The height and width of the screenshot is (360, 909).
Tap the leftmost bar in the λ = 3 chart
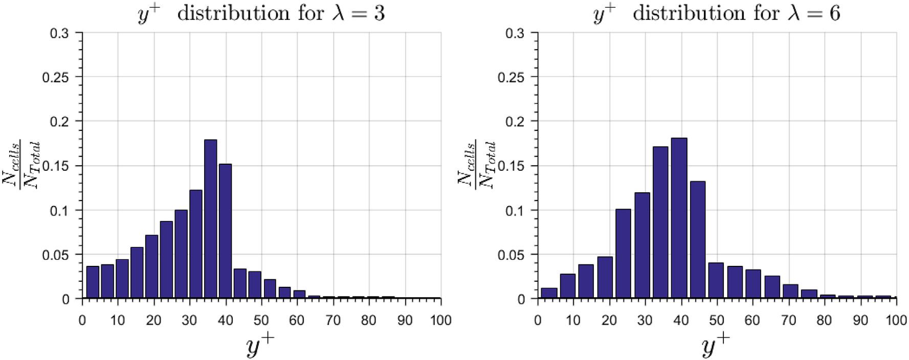(93, 282)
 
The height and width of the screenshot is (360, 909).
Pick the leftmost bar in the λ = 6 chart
(549, 293)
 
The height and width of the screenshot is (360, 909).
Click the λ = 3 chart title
(261, 13)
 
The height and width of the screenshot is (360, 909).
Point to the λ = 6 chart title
(717, 13)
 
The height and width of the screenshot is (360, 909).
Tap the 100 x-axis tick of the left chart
(440, 321)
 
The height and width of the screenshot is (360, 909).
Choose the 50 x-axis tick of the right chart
(717, 321)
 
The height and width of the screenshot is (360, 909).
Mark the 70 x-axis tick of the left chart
(333, 321)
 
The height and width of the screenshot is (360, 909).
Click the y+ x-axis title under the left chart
(260, 346)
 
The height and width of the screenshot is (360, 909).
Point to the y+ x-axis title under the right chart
(716, 346)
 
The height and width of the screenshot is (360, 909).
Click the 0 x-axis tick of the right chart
(538, 321)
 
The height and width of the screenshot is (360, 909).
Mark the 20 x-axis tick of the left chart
(153, 321)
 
